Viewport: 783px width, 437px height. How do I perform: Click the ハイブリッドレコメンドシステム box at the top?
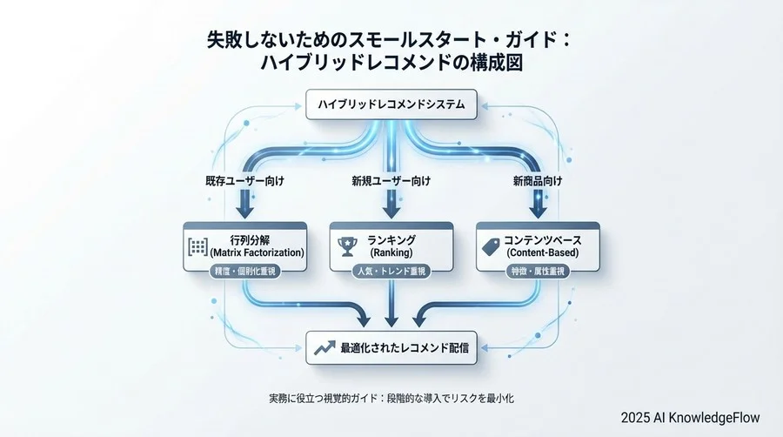coord(391,105)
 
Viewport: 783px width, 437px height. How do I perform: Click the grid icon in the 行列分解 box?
coord(197,246)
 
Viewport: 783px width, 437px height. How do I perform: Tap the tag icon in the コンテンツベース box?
coord(490,247)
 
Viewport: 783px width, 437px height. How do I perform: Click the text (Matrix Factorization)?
coord(257,252)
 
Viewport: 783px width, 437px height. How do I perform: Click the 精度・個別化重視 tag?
coord(244,272)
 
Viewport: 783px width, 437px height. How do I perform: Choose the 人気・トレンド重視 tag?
coord(391,272)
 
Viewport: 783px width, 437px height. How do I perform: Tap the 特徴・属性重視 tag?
coord(536,272)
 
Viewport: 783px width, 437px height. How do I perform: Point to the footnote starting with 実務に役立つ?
coord(391,398)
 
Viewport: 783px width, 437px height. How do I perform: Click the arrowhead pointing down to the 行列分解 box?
coord(244,209)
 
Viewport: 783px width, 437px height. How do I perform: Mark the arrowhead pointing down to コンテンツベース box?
coord(536,209)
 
